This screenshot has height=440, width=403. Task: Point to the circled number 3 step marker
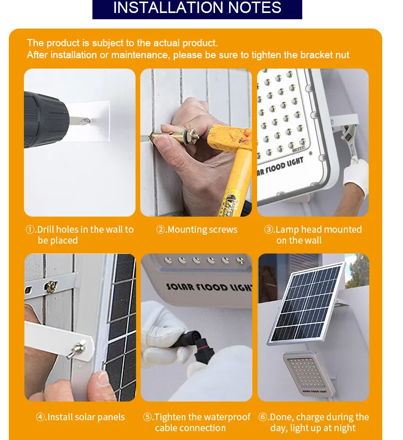pyautogui.click(x=268, y=230)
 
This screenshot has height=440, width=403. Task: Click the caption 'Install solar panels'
pyautogui.click(x=86, y=417)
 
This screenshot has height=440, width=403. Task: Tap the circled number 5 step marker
pyautogui.click(x=147, y=417)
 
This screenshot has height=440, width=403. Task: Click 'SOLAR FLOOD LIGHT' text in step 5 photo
pyautogui.click(x=208, y=287)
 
